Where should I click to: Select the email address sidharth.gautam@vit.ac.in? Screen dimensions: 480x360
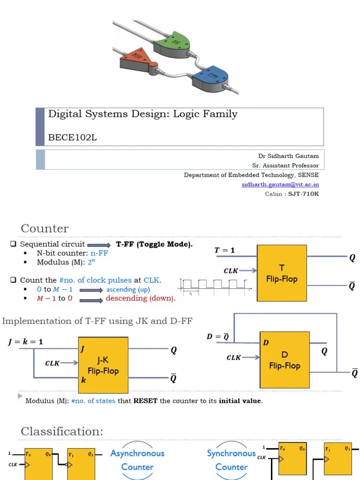[x=280, y=184]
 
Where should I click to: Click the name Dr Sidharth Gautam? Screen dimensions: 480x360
[x=288, y=156]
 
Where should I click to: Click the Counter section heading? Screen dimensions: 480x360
[x=45, y=228]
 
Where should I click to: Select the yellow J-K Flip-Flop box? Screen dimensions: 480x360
[x=103, y=366]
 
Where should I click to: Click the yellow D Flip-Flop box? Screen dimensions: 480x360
[x=285, y=360]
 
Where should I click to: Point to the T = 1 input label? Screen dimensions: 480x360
[x=225, y=250]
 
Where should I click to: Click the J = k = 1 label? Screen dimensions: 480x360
[x=25, y=342]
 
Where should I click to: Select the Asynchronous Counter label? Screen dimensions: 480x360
[x=137, y=460]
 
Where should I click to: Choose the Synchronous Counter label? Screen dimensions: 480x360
[x=231, y=460]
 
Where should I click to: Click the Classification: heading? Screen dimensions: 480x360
[x=62, y=431]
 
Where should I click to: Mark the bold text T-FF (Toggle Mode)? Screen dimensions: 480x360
[x=154, y=244]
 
